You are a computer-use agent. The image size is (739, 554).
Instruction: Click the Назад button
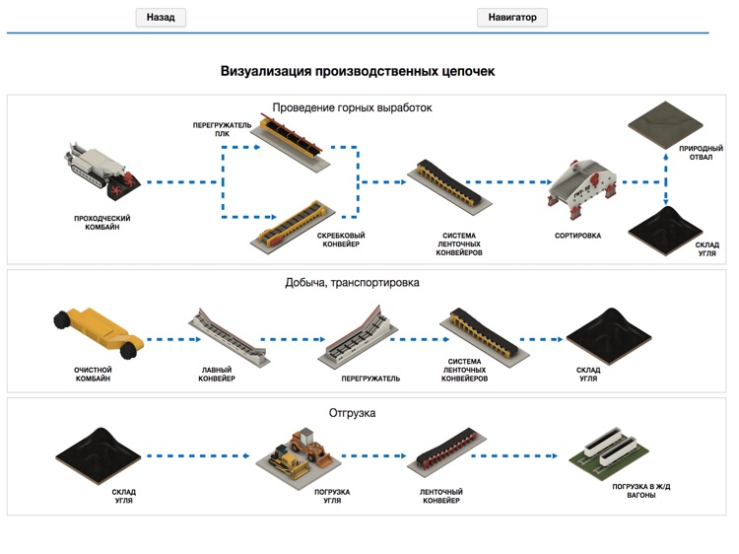[160, 18]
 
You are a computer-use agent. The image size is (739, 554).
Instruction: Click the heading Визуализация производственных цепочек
[358, 72]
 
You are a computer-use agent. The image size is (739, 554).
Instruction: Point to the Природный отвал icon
[665, 123]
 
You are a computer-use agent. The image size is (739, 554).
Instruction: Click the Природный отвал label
[695, 153]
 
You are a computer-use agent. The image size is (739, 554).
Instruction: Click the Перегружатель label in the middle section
[370, 378]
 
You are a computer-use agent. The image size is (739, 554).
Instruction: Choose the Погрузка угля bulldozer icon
[299, 455]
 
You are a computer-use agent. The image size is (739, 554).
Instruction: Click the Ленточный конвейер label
[440, 496]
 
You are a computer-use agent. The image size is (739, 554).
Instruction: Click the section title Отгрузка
[352, 413]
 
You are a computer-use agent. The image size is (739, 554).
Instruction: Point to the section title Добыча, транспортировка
[352, 283]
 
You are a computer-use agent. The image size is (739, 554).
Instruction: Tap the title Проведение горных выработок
[352, 107]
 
